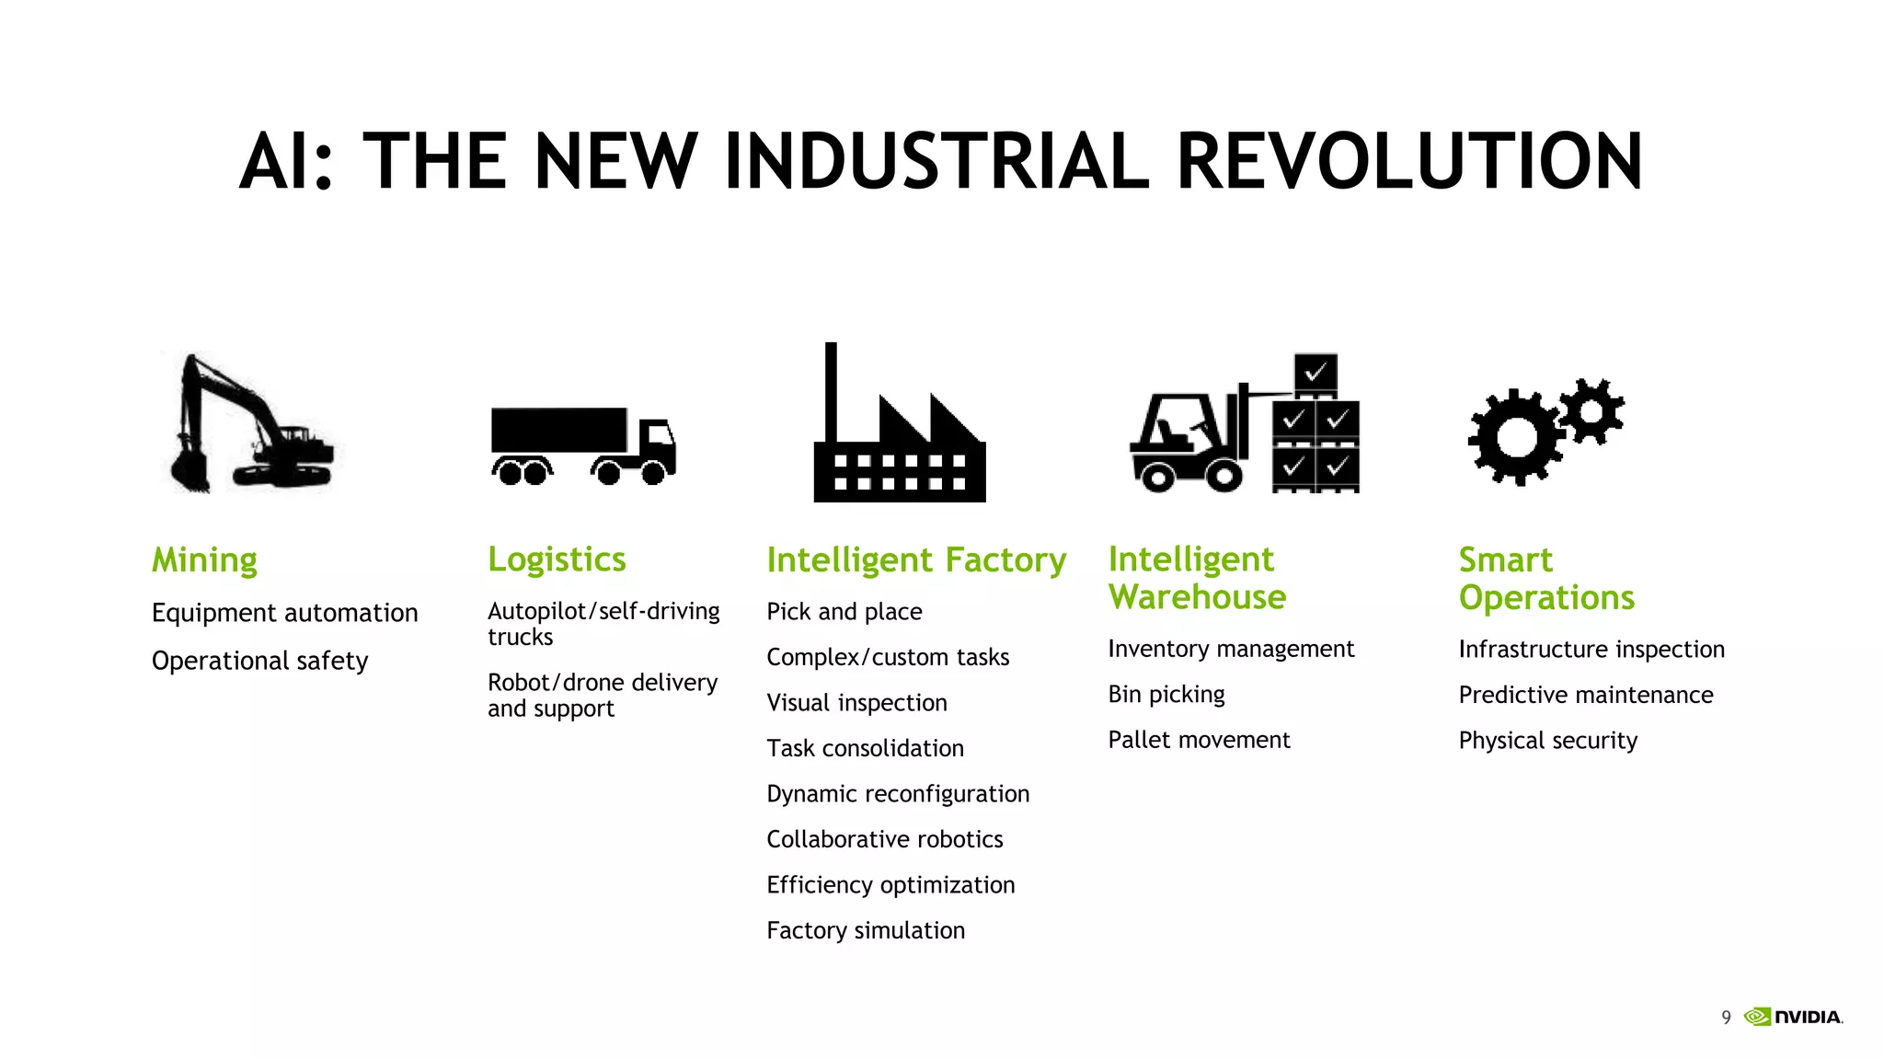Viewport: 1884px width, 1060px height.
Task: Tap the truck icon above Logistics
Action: coord(583,444)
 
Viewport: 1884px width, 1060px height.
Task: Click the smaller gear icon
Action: coord(1591,410)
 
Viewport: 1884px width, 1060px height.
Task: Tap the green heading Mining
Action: coord(204,559)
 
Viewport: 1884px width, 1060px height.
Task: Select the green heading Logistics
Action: coord(557,559)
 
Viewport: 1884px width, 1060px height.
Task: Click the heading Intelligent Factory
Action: coord(916,559)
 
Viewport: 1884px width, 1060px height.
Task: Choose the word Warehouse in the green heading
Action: coord(1197,597)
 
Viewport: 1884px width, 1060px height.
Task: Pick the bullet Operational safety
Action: coord(259,661)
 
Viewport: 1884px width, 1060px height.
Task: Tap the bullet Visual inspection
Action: coord(856,703)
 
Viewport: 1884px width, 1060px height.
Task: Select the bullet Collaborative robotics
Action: coord(884,839)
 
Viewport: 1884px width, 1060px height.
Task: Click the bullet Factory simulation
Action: coord(866,930)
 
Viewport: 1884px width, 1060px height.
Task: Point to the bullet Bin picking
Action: coord(1166,695)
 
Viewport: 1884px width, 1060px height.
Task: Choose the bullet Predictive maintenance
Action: coord(1585,695)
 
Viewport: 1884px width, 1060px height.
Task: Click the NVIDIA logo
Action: coord(1793,1017)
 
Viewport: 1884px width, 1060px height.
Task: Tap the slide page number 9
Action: coord(1726,1017)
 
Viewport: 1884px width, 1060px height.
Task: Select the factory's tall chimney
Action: coord(831,391)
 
